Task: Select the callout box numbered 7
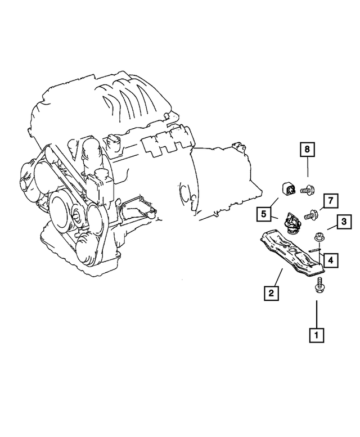[330, 201]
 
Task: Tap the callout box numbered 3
[344, 223]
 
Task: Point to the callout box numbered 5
[262, 214]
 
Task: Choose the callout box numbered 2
[271, 292]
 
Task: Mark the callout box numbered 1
[316, 336]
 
